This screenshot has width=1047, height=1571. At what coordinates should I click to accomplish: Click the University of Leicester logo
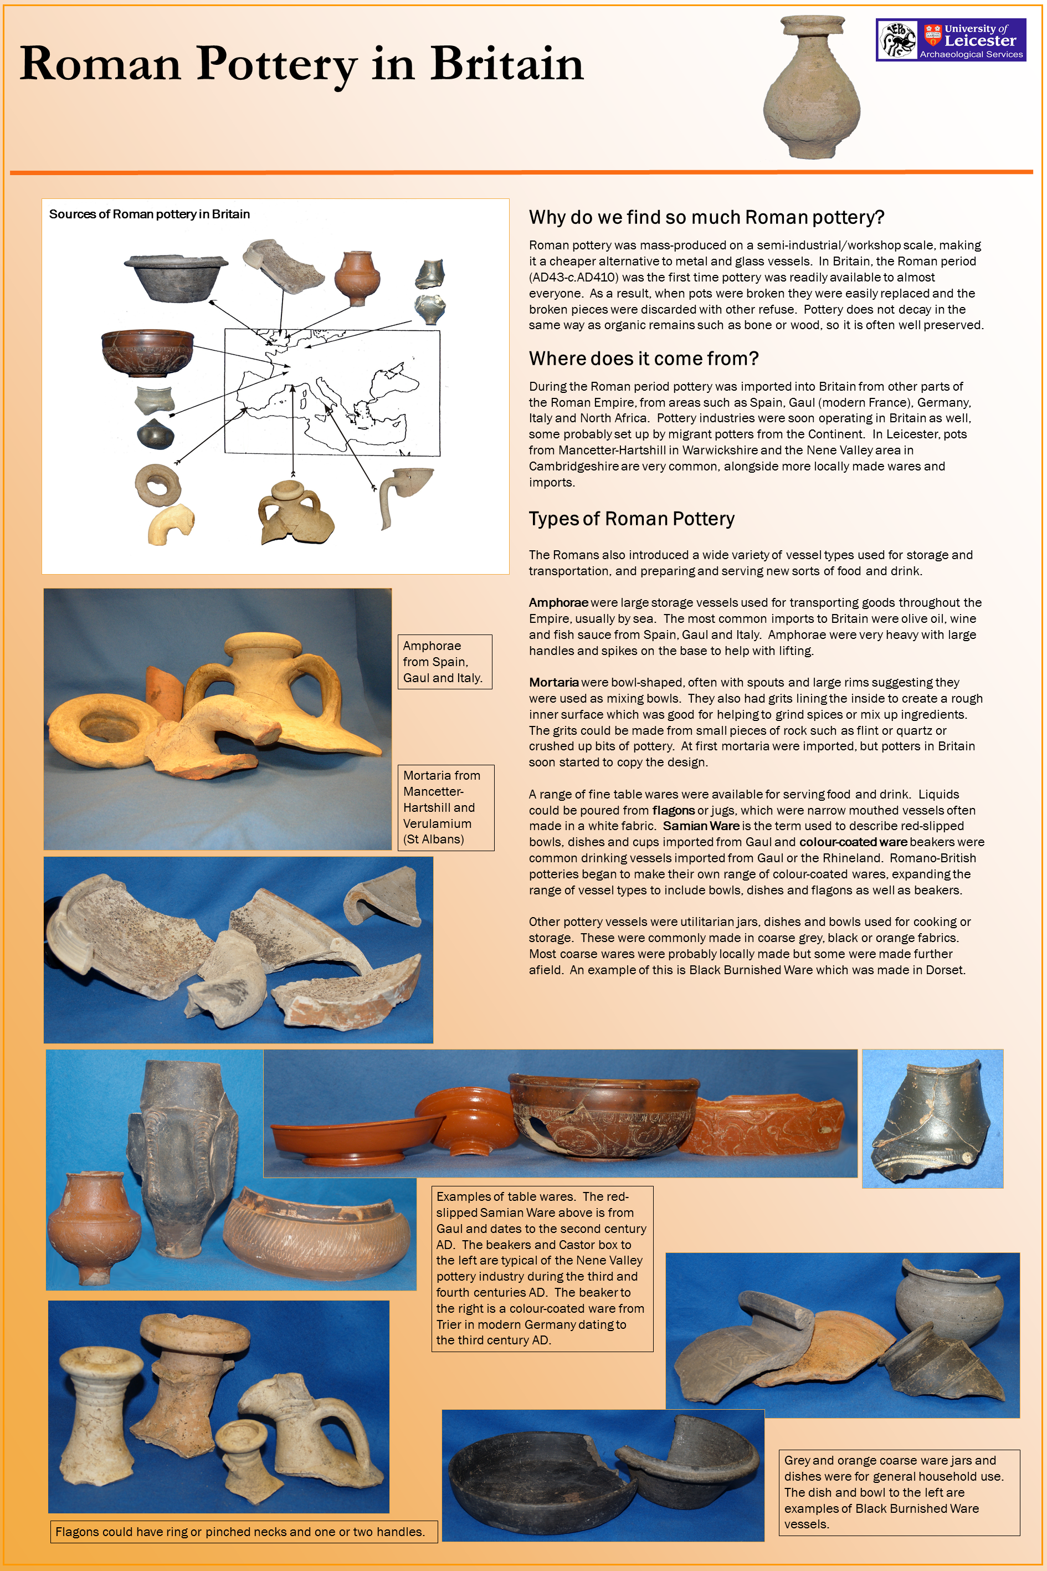(950, 40)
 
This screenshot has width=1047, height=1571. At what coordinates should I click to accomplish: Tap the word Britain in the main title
(507, 65)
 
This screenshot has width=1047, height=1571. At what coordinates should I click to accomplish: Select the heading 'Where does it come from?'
(643, 359)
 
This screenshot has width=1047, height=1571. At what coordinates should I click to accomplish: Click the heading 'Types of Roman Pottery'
(631, 519)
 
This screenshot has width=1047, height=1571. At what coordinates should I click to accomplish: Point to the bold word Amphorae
(558, 602)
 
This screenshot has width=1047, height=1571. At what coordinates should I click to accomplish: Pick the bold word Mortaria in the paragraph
(553, 682)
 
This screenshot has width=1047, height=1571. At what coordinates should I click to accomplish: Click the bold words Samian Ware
(700, 826)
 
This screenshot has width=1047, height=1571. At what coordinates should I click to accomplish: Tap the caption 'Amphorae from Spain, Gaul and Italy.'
(444, 661)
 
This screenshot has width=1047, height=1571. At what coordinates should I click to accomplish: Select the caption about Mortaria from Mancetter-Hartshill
(445, 807)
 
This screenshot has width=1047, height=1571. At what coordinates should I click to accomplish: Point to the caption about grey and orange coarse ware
(898, 1492)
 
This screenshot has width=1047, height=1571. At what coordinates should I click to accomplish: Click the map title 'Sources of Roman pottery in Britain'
(150, 214)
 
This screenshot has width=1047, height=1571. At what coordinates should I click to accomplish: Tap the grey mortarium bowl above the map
(176, 277)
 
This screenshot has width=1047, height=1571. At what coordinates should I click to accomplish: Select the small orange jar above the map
(357, 277)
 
